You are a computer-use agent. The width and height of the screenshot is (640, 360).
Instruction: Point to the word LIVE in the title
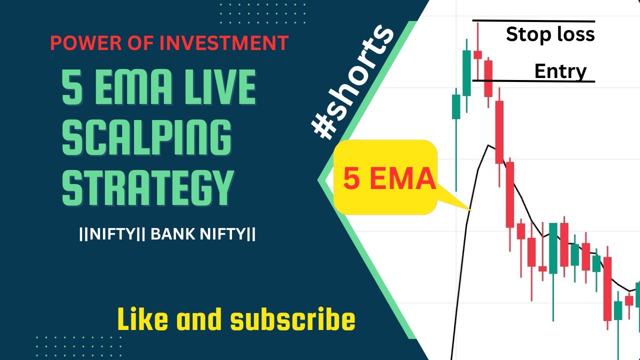click(219, 87)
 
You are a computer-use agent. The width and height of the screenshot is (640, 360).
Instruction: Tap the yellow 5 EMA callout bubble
click(385, 177)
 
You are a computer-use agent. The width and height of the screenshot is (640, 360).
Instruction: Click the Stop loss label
click(550, 34)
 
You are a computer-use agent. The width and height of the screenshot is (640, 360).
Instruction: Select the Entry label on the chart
click(560, 71)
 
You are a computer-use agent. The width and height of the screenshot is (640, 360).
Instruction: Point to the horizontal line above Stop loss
click(533, 21)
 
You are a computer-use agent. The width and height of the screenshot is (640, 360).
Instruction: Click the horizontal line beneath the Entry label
click(533, 80)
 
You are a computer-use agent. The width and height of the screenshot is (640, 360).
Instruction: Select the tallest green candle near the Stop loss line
click(466, 72)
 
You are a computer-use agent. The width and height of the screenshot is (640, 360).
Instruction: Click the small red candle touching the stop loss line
click(477, 54)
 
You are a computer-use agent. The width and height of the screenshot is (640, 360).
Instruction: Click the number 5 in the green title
click(72, 87)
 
